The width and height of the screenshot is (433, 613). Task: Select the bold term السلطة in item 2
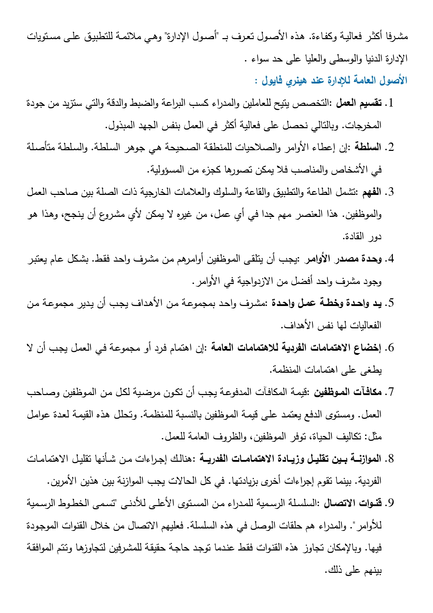click(368, 147)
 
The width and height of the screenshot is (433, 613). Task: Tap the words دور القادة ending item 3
click(362, 237)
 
